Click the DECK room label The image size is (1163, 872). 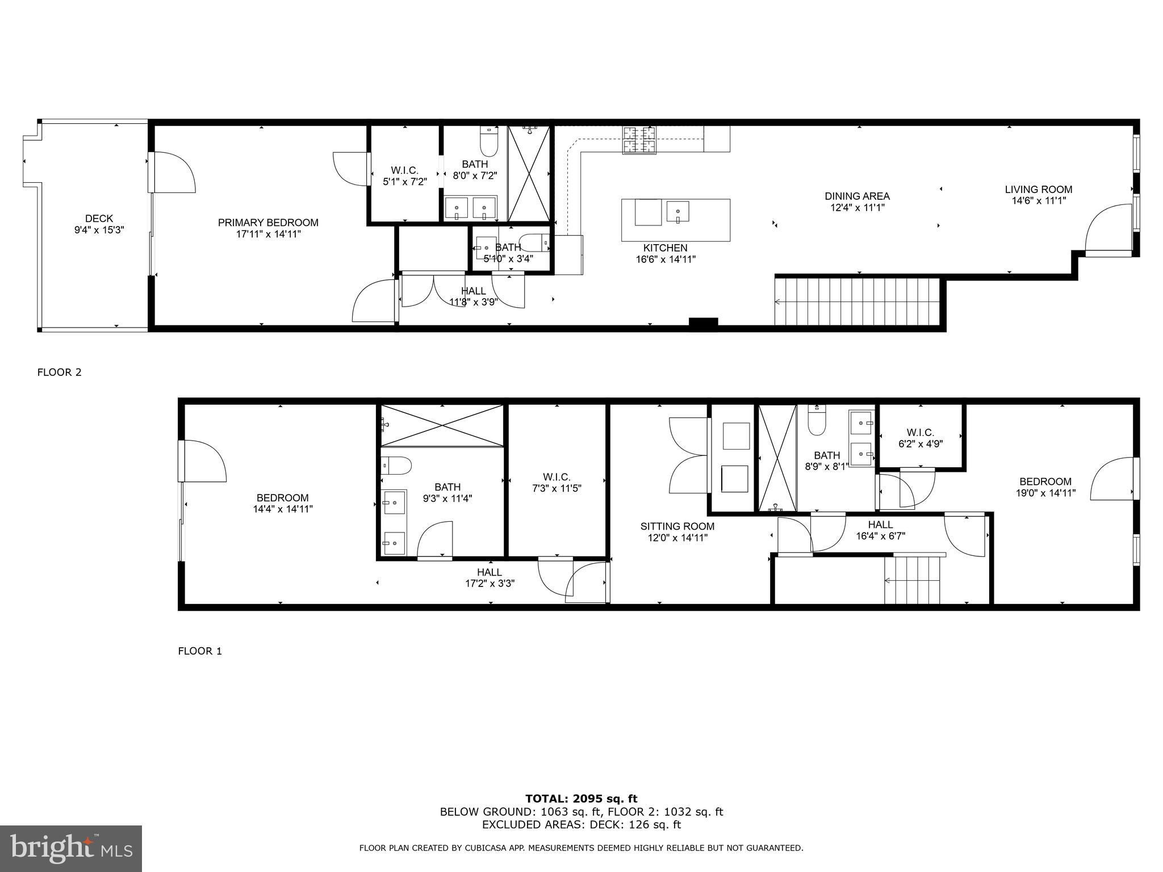click(x=99, y=219)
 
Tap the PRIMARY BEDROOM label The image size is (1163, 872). click(x=268, y=223)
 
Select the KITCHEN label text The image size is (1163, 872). click(x=666, y=248)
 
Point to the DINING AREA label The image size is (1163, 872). click(x=857, y=196)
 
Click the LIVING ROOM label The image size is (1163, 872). click(x=1039, y=190)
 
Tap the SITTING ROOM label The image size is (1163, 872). click(x=677, y=526)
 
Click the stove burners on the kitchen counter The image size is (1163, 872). click(x=639, y=140)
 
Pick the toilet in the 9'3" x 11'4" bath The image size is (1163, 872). click(x=396, y=466)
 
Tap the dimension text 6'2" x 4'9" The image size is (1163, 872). click(x=921, y=444)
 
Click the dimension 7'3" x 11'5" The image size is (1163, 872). click(x=557, y=488)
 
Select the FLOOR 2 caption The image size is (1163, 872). click(x=60, y=372)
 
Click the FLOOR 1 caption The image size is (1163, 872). click(x=200, y=651)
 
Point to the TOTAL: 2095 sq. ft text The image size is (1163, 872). click(x=581, y=799)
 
